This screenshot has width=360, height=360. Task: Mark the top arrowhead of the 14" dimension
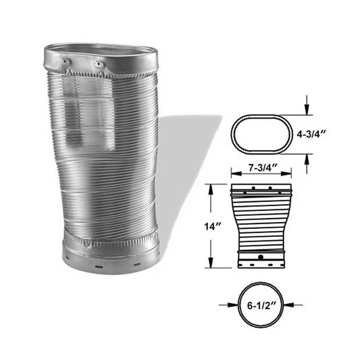tap(211, 186)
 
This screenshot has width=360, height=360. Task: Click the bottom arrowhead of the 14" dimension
tap(211, 265)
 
